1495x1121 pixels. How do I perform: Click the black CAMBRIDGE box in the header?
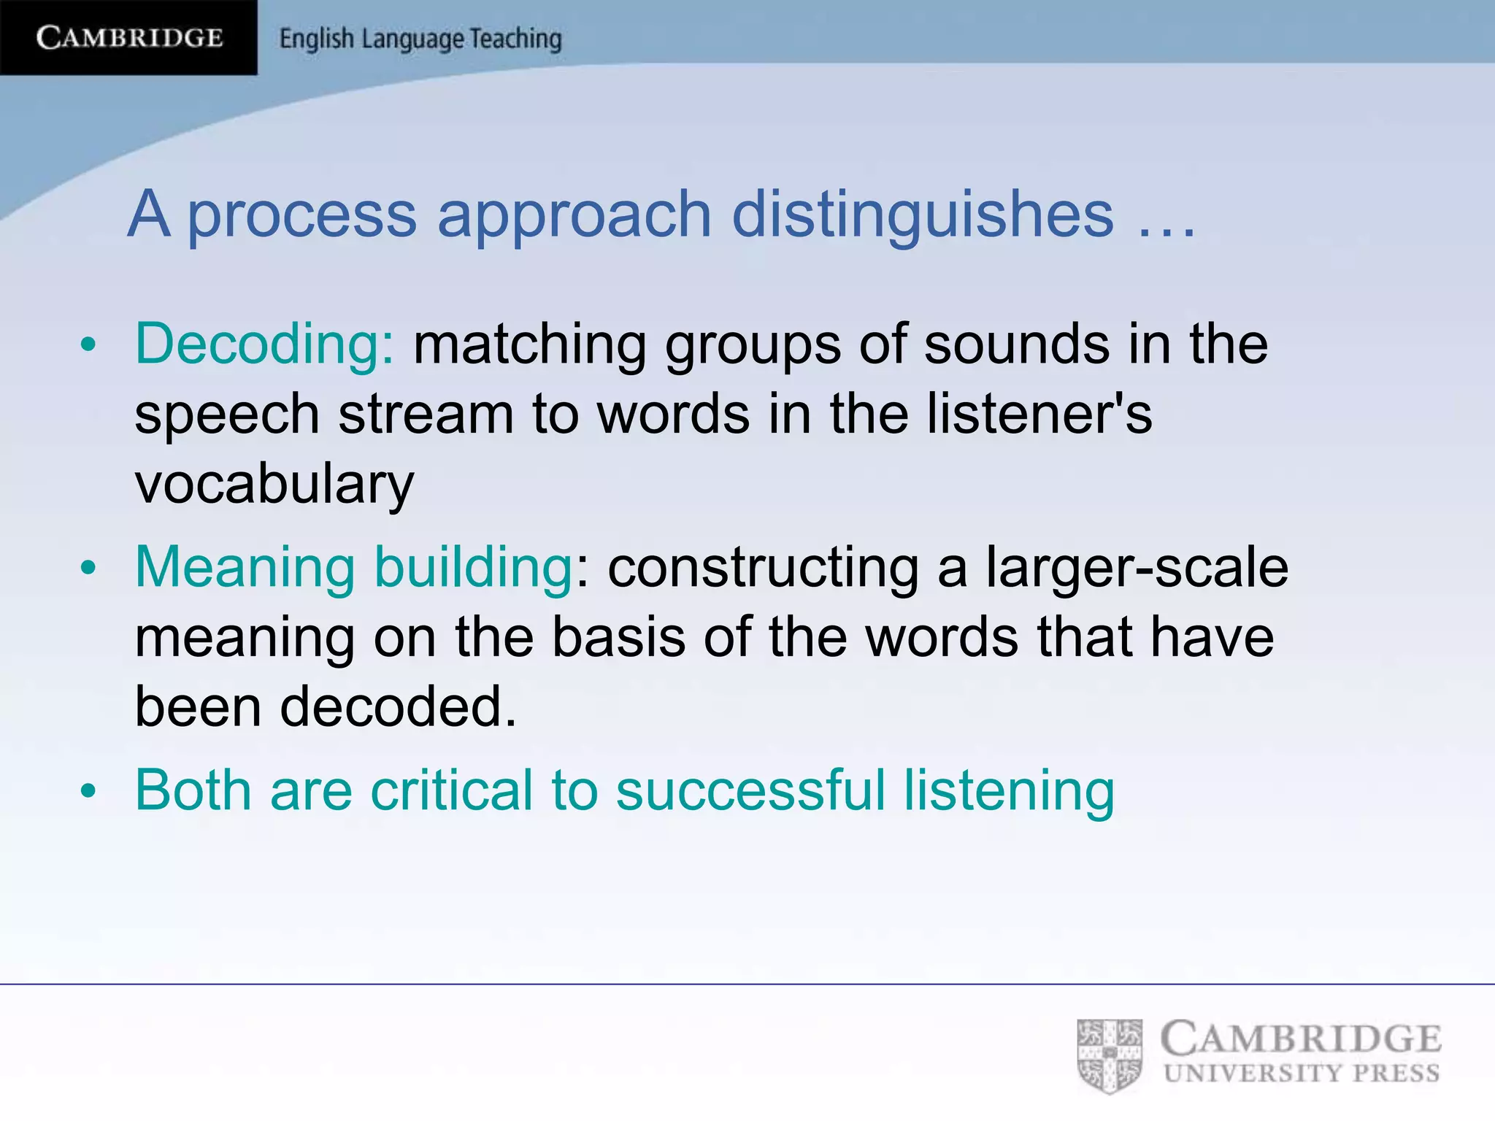(128, 37)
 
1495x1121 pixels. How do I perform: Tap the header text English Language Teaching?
(420, 39)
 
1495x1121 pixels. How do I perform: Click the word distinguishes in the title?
(923, 215)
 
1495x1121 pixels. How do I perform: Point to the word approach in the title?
(574, 216)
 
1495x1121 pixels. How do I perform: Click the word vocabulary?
(274, 484)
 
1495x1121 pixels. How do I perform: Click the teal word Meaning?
(245, 568)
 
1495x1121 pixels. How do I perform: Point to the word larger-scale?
(1137, 567)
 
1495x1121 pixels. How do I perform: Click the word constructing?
(763, 568)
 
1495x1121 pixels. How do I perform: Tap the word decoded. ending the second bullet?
(399, 706)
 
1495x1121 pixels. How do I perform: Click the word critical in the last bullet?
(451, 790)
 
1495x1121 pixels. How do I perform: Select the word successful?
(750, 790)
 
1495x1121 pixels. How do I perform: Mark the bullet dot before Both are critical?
(88, 791)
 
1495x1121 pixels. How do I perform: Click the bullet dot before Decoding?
(88, 345)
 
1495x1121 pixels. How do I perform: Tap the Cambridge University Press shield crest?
(1110, 1055)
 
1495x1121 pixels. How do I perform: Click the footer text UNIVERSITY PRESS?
(1302, 1074)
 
